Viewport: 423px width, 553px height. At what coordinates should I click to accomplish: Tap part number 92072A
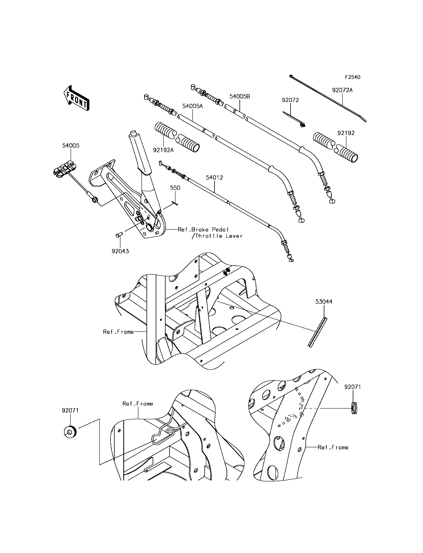click(342, 90)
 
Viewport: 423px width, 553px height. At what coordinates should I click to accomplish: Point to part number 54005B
click(239, 96)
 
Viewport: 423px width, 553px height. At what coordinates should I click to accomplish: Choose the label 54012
click(214, 177)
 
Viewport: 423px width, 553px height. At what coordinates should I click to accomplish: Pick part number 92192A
click(163, 150)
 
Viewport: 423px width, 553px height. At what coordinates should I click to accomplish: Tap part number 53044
click(324, 301)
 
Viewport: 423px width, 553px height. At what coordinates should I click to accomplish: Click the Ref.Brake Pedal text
click(203, 230)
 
